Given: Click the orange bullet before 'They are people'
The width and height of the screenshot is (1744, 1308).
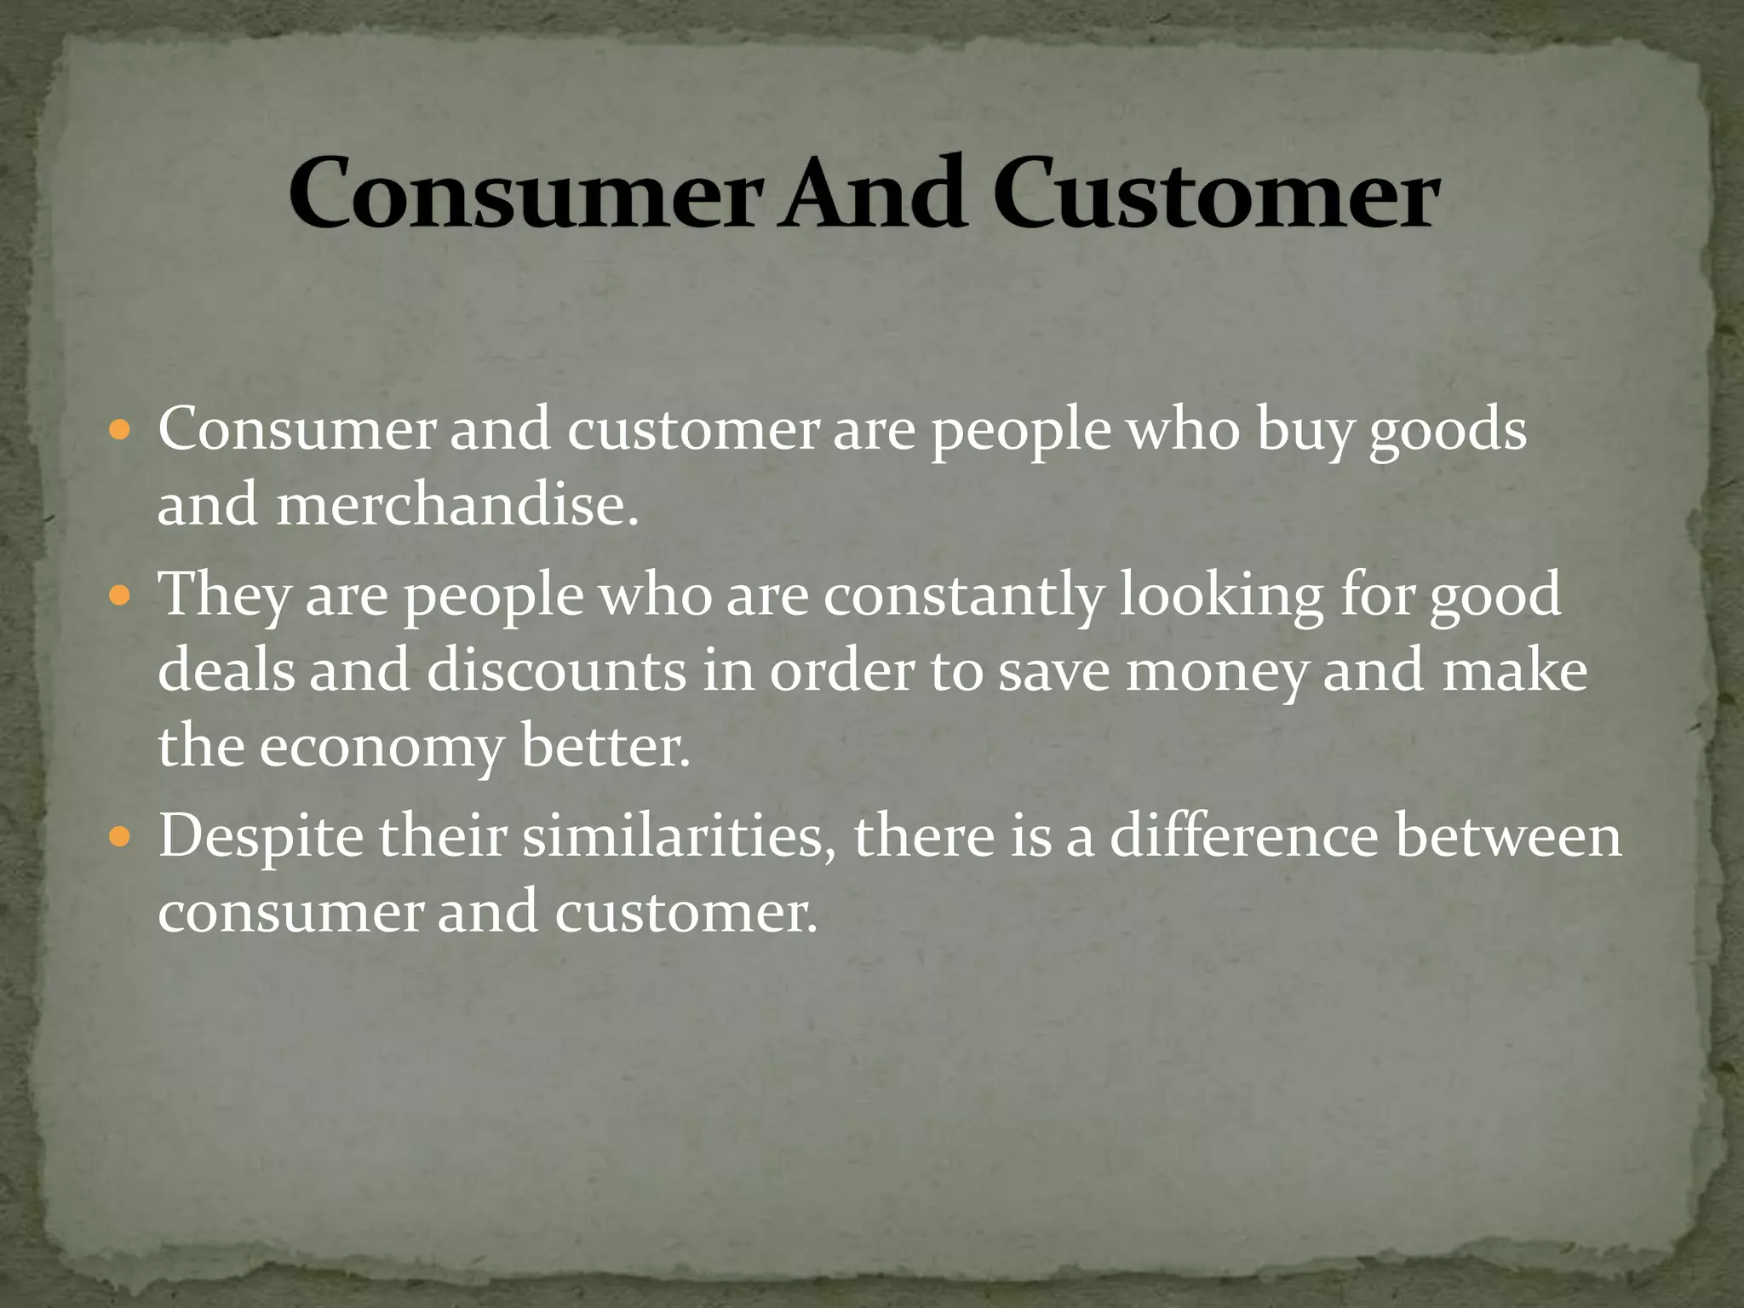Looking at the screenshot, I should (120, 594).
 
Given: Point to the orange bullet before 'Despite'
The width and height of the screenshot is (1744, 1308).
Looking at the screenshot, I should (120, 836).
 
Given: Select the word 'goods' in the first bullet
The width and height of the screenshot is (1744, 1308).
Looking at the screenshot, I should (1447, 431).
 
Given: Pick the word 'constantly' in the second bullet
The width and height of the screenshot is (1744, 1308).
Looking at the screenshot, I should (963, 595).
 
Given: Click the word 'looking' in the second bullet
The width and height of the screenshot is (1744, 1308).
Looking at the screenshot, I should (1221, 595).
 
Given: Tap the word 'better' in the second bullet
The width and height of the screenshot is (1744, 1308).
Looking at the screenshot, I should (605, 746).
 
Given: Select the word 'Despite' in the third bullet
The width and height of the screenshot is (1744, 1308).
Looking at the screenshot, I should (261, 838).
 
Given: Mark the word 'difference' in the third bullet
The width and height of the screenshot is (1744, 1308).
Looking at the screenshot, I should (1243, 836).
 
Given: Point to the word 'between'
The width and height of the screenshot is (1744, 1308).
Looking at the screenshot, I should (1507, 836).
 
